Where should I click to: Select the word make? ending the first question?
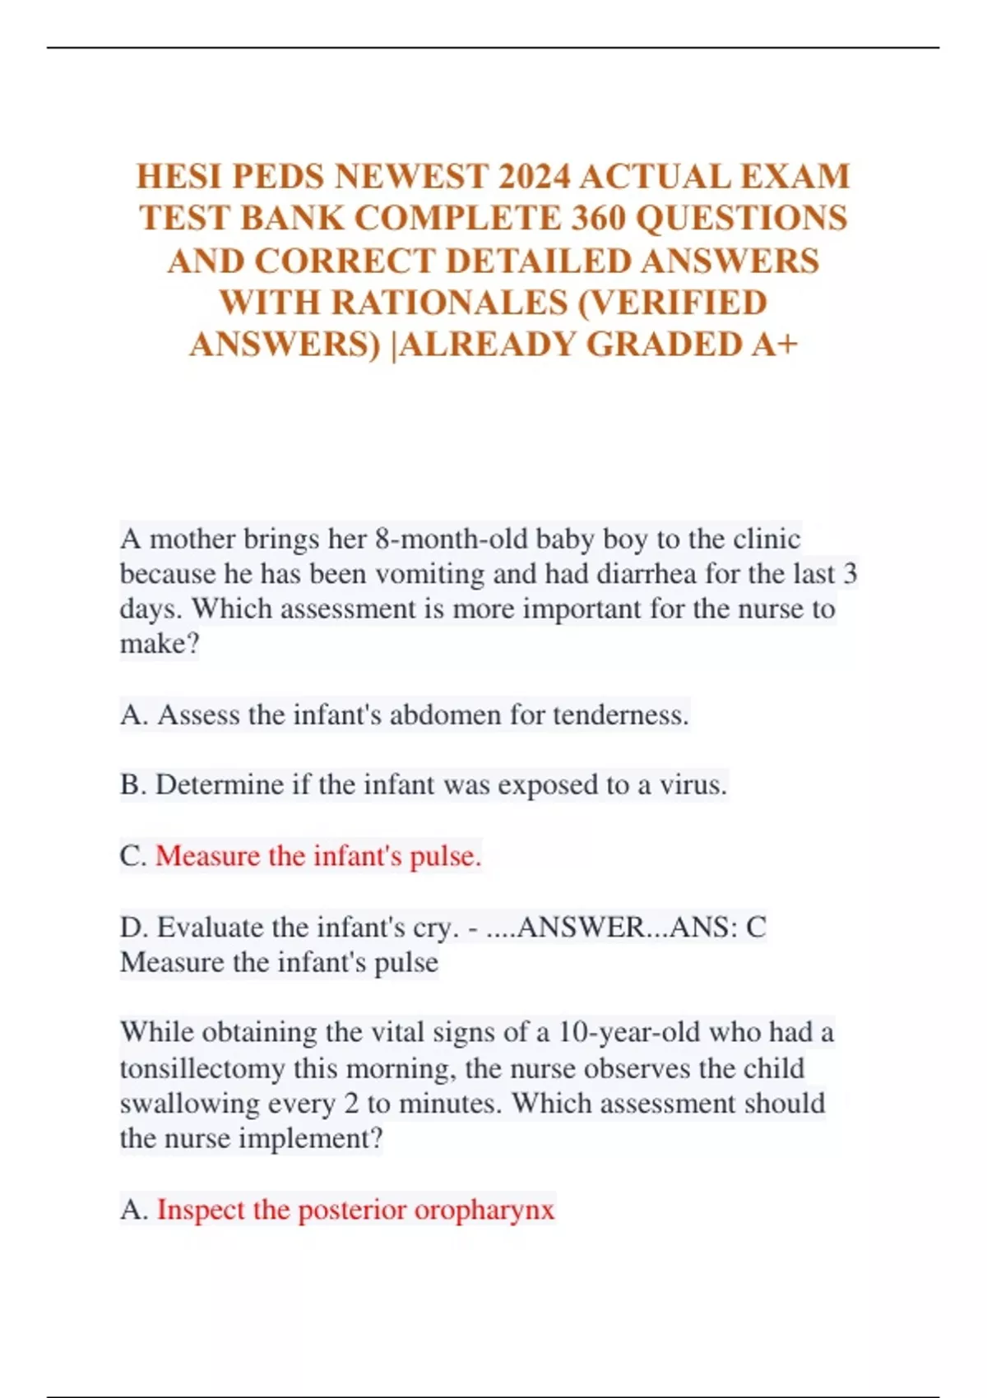pyautogui.click(x=160, y=644)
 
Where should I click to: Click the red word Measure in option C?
pyautogui.click(x=207, y=857)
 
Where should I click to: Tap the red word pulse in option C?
pyautogui.click(x=445, y=857)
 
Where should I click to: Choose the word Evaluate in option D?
pyautogui.click(x=211, y=928)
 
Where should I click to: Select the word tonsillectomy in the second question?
pyautogui.click(x=202, y=1069)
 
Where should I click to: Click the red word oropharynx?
pyautogui.click(x=484, y=1211)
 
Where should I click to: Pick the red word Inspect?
pyautogui.click(x=201, y=1211)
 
